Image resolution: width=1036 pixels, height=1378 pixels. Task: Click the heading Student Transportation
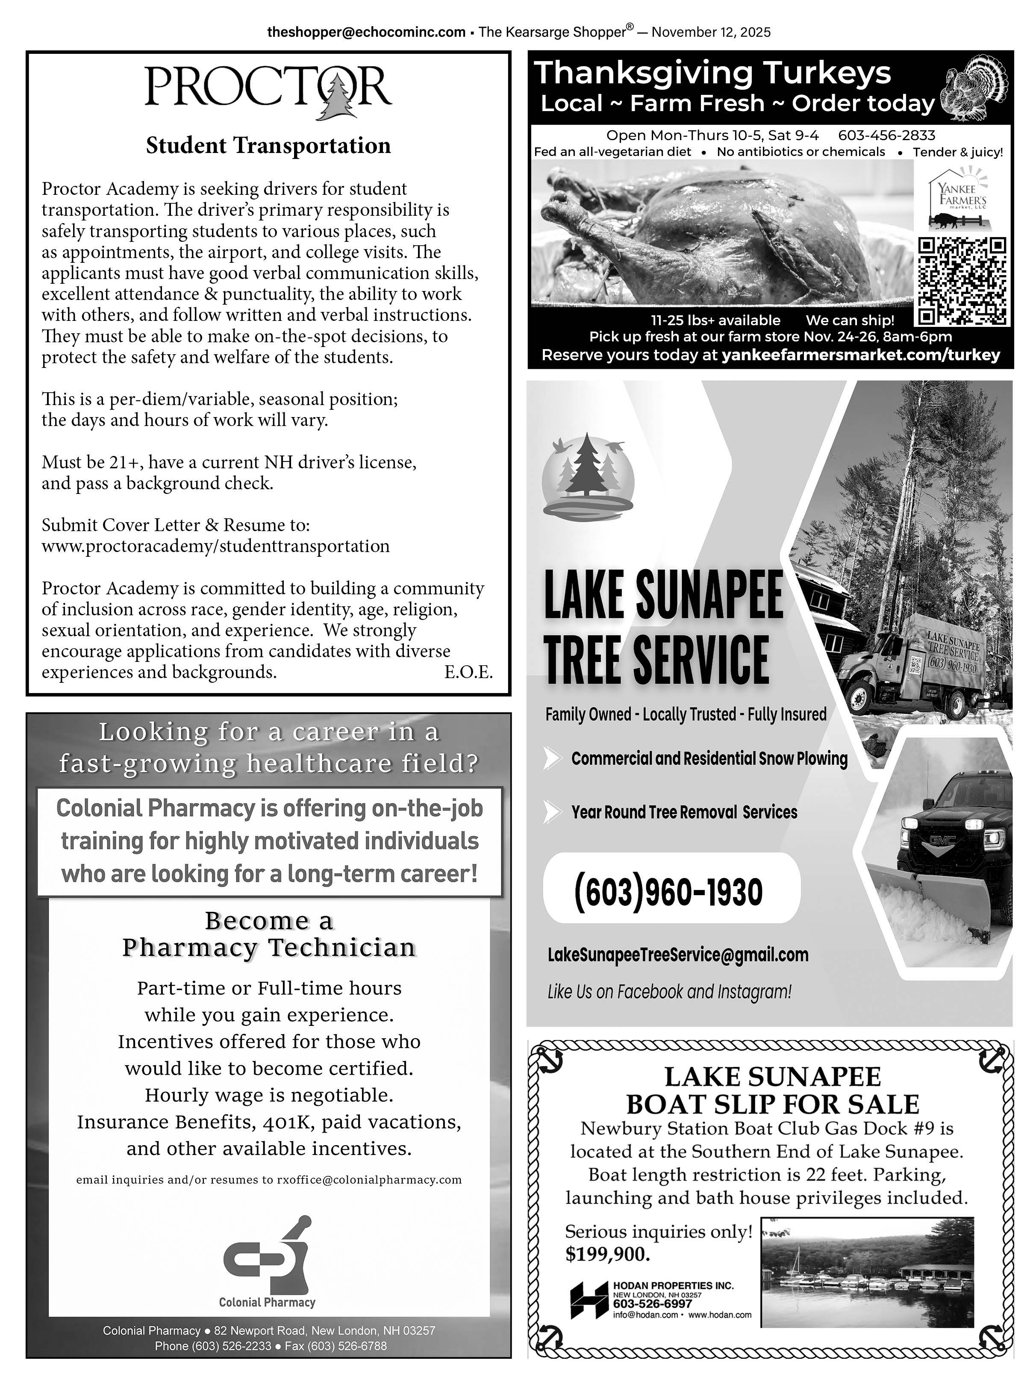coord(268,146)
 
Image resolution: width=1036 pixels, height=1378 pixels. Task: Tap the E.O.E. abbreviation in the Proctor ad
coord(468,672)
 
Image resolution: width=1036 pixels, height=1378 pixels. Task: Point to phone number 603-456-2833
coord(886,135)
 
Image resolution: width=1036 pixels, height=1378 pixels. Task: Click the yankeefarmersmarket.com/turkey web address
coord(860,355)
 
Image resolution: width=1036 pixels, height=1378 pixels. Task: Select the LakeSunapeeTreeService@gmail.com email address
coord(678,955)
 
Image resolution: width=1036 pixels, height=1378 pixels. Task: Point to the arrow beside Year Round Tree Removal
coord(551,812)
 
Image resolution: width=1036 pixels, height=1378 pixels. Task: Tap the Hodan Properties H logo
coord(589,1300)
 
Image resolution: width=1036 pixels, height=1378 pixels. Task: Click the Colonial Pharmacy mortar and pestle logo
coord(268,1253)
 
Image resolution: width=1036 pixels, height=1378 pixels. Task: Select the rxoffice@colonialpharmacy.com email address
coord(369,1180)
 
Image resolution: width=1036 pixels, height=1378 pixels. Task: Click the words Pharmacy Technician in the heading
coord(268,948)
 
